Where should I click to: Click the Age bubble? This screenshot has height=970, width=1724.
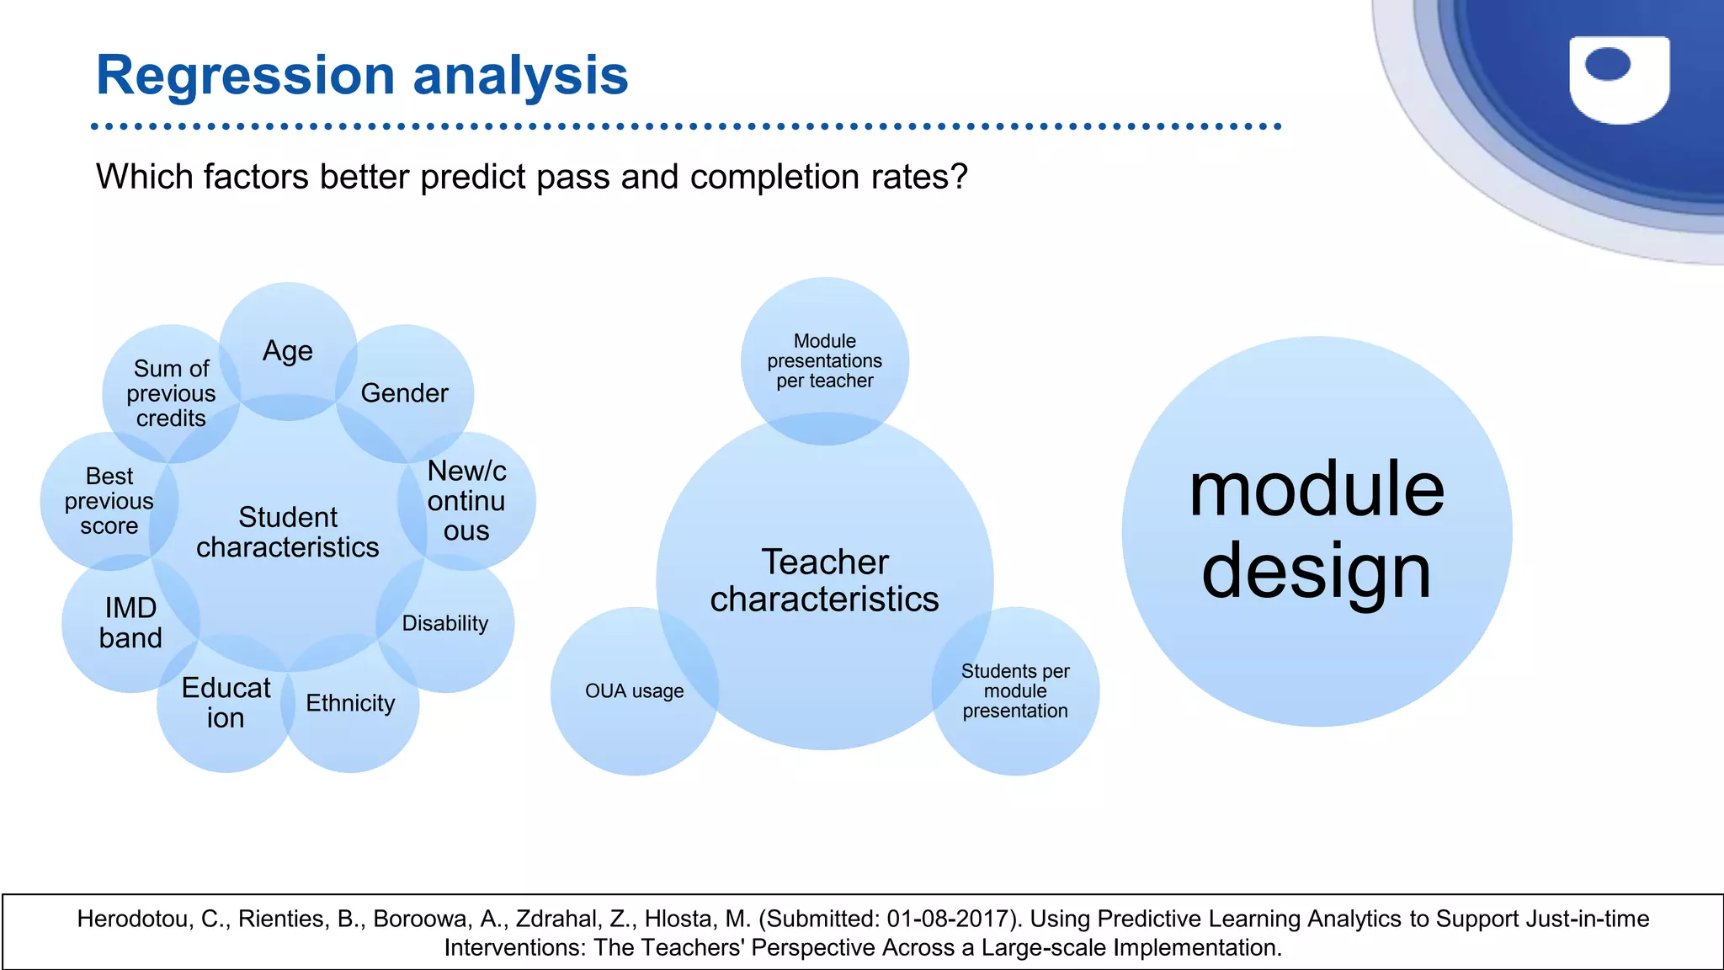point(288,351)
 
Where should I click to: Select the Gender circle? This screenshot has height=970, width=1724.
point(405,393)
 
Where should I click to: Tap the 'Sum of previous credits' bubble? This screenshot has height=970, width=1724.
point(171,393)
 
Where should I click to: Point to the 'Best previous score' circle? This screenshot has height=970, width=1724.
point(109,501)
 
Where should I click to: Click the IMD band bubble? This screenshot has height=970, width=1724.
point(130,623)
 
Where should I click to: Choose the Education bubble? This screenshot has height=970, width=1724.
point(226,703)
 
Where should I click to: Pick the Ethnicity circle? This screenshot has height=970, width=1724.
point(350,703)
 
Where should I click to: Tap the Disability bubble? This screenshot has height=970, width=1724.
point(445,623)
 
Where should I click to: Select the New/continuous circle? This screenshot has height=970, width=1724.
point(466,501)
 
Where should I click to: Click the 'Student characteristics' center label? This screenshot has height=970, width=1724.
point(288,532)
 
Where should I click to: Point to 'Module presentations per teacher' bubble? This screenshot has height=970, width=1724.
point(825,361)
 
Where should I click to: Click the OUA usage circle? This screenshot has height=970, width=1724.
point(635,691)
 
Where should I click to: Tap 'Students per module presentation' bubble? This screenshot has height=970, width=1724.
point(1015,691)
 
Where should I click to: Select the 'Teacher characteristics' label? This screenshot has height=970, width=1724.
point(825,581)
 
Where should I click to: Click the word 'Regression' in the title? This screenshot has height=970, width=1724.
point(245,76)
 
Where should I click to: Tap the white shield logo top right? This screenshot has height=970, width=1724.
point(1619,80)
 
